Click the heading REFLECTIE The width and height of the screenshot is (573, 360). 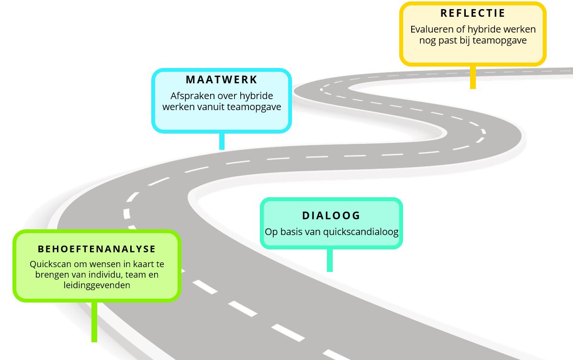(472, 13)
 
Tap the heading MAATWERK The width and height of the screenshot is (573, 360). (222, 79)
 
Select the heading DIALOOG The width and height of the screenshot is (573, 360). (331, 215)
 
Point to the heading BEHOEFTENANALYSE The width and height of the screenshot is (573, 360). (97, 249)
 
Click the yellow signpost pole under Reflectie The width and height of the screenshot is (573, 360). (473, 77)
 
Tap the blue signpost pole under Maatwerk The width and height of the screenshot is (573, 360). (222, 141)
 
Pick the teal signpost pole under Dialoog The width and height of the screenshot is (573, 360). (330, 260)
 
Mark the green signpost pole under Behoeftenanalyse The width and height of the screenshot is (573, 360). (94, 322)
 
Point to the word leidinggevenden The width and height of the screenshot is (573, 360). (97, 285)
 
